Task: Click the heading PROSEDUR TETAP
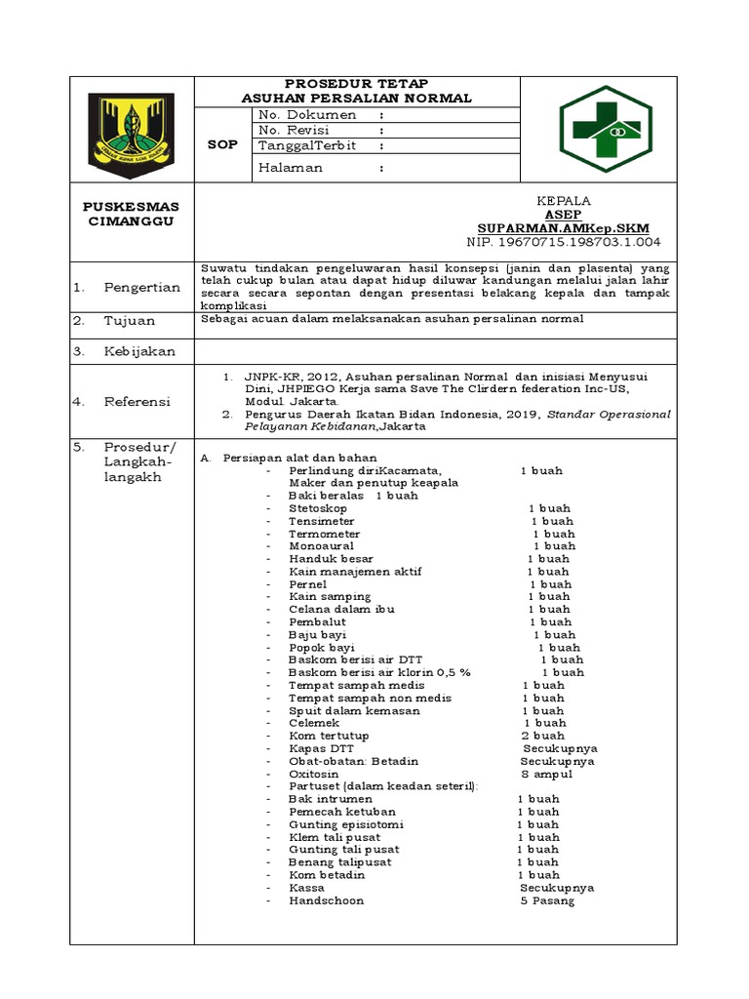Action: point(356,83)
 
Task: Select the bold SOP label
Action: point(223,144)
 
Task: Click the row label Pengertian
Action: point(142,287)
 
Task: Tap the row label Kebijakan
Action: point(139,351)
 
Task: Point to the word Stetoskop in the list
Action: point(319,508)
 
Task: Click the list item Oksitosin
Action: point(313,774)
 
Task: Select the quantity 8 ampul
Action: point(547,774)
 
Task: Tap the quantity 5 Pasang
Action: point(547,900)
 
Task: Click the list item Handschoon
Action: point(326,900)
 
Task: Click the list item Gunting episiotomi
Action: point(332,824)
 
